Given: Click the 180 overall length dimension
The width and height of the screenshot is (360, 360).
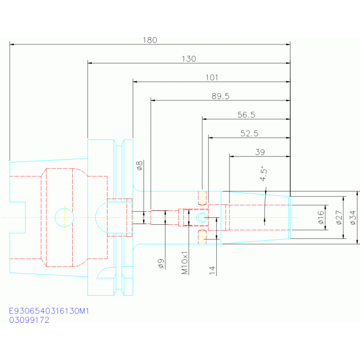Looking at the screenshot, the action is (150, 40).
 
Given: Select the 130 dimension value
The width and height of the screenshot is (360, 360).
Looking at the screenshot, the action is (189, 59).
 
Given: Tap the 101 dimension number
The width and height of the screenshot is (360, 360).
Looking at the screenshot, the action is (212, 77).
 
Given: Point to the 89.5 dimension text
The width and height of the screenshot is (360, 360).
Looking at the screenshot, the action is (221, 96).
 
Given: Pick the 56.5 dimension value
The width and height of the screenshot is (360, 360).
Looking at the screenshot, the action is (246, 115).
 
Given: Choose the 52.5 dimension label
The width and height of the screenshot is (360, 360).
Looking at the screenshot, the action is (249, 133).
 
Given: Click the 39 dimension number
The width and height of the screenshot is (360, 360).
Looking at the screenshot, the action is (260, 152).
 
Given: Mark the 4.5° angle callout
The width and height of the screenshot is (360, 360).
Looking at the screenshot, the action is (264, 174).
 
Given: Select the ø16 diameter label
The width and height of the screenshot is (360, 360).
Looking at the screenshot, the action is (321, 217).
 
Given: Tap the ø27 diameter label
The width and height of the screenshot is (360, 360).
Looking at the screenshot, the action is (339, 217).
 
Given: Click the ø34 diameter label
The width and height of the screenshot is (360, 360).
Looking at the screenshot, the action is (353, 217).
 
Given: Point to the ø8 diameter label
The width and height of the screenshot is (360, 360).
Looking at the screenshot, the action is (139, 166).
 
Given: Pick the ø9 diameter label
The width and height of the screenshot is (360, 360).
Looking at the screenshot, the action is (161, 263).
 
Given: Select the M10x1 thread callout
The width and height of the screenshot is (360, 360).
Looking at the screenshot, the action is (184, 263).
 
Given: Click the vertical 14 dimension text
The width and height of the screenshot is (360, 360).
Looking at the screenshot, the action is (212, 270).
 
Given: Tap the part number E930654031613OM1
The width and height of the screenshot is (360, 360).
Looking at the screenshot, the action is (49, 311).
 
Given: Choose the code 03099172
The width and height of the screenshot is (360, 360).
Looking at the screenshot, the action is (29, 320).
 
